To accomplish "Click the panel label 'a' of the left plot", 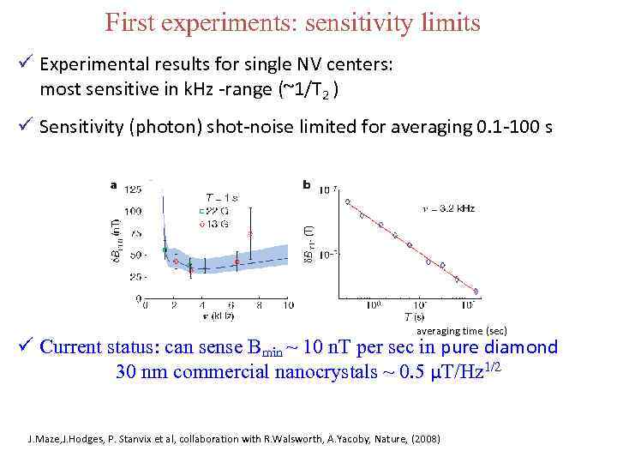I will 113,183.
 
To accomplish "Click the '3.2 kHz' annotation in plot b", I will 451,208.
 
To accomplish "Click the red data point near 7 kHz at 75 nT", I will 250,233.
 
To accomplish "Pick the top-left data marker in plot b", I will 347,201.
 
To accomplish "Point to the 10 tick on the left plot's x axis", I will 288,304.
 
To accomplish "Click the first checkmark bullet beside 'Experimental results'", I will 28,64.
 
